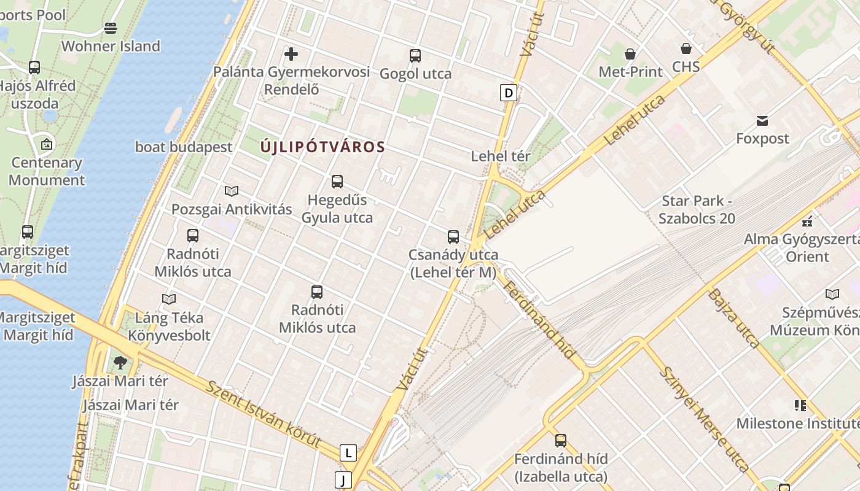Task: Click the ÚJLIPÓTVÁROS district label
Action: point(322,147)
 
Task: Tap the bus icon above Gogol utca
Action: point(415,56)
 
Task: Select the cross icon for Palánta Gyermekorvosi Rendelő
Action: point(291,54)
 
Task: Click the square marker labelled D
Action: point(508,93)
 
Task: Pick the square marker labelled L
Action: point(348,453)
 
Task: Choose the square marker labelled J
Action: point(343,479)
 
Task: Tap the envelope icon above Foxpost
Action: point(762,121)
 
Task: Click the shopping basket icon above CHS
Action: point(686,48)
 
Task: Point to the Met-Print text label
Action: point(630,72)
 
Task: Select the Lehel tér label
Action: point(500,156)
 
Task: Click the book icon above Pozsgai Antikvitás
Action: point(232,191)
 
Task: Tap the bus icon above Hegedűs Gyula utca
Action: point(337,182)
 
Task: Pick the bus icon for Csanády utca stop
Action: point(453,236)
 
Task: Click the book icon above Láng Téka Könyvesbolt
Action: point(169,299)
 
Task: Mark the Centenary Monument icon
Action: point(47,145)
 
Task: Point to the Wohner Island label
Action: point(111,46)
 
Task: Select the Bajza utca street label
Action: point(733,318)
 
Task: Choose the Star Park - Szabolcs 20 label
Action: point(697,209)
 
